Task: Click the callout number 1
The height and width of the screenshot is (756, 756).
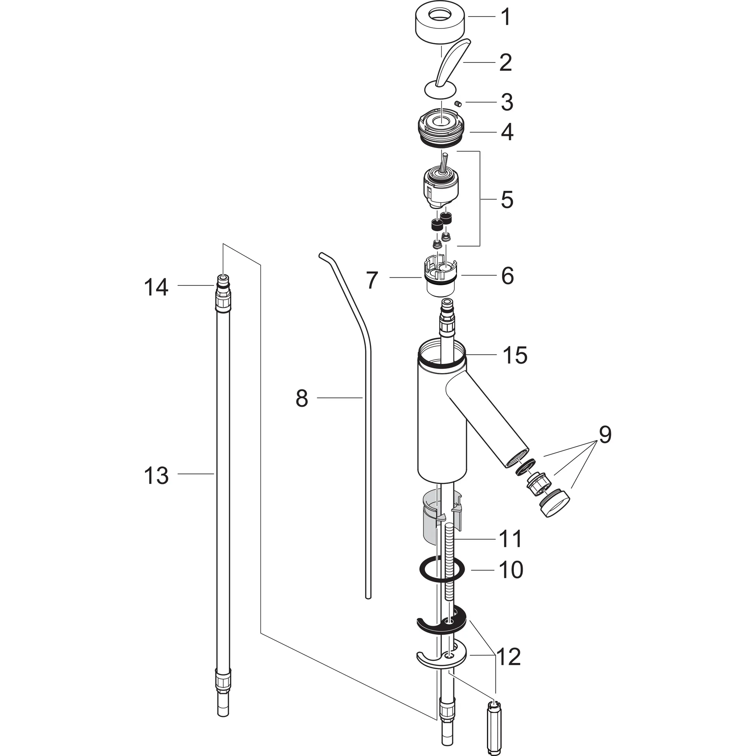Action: click(x=506, y=18)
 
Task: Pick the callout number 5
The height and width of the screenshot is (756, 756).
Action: click(x=507, y=200)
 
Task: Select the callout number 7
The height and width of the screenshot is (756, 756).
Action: click(x=372, y=280)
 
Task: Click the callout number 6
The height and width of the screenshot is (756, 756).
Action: click(x=508, y=276)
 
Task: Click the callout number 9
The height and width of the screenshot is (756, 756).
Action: click(x=605, y=435)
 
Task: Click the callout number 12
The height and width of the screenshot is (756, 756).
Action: click(x=509, y=657)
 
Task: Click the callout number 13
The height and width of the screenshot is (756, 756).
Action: click(x=156, y=476)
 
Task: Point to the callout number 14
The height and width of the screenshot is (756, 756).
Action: click(x=156, y=287)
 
